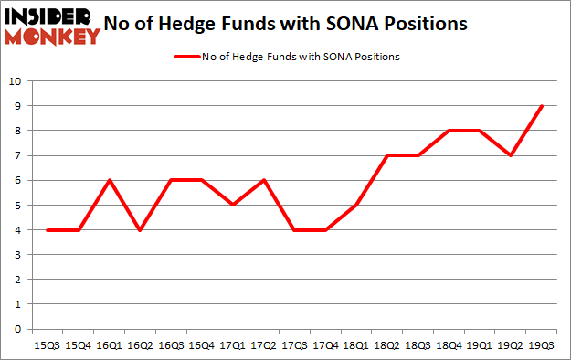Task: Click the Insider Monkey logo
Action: (x=52, y=26)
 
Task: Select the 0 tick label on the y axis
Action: (x=17, y=329)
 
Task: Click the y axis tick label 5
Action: (x=17, y=205)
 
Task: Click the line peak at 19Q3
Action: (x=542, y=106)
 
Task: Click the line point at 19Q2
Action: (x=512, y=155)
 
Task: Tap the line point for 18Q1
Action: (x=357, y=205)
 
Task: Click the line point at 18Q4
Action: (x=449, y=131)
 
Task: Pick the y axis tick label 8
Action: (x=17, y=131)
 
